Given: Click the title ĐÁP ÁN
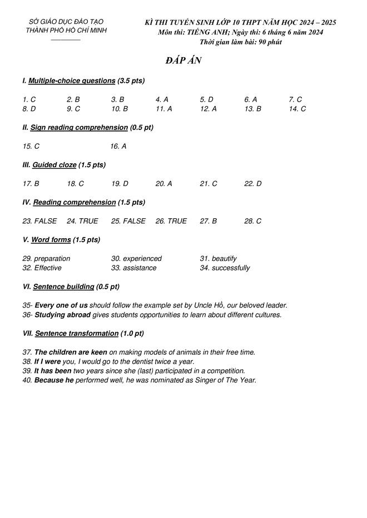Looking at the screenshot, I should coord(183,61).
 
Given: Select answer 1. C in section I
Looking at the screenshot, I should coord(29,99).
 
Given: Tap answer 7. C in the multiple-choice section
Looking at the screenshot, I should coord(295,99).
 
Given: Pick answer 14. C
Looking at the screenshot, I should coord(297,109).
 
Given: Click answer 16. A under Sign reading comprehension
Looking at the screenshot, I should coord(118,147).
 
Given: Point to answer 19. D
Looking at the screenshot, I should coord(120,184).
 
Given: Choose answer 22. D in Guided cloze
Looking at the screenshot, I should coord(252,184).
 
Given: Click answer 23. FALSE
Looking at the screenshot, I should coord(39,221).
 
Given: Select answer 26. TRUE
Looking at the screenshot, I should coord(171,221).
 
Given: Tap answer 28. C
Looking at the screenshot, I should coord(252,221).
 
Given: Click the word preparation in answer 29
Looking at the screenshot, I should coord(52,259).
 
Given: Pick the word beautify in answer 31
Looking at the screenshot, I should coord(224,259).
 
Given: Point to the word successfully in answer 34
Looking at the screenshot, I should coord(231,268).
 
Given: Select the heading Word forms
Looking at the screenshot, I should coord(51,240).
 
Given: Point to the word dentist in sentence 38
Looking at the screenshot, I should coord(131,361).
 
